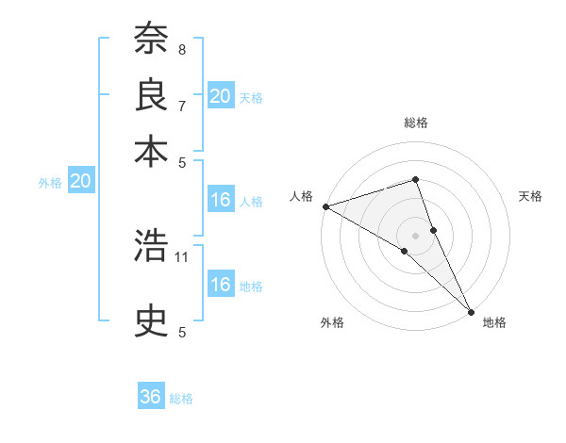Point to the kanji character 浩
coord(151,247)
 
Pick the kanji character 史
coord(151,321)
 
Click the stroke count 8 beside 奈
coord(182,49)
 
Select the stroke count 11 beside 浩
coord(183,256)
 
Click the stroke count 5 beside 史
coord(182,332)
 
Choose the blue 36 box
coord(151,397)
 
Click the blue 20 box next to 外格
coord(80,183)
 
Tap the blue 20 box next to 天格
coord(221,96)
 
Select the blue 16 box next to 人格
coord(221,200)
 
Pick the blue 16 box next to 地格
coord(221,285)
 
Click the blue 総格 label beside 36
coord(181,399)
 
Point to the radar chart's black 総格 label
coord(415,123)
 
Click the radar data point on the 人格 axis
coord(325,206)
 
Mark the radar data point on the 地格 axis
coord(471,310)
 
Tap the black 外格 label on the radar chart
coord(332,322)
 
